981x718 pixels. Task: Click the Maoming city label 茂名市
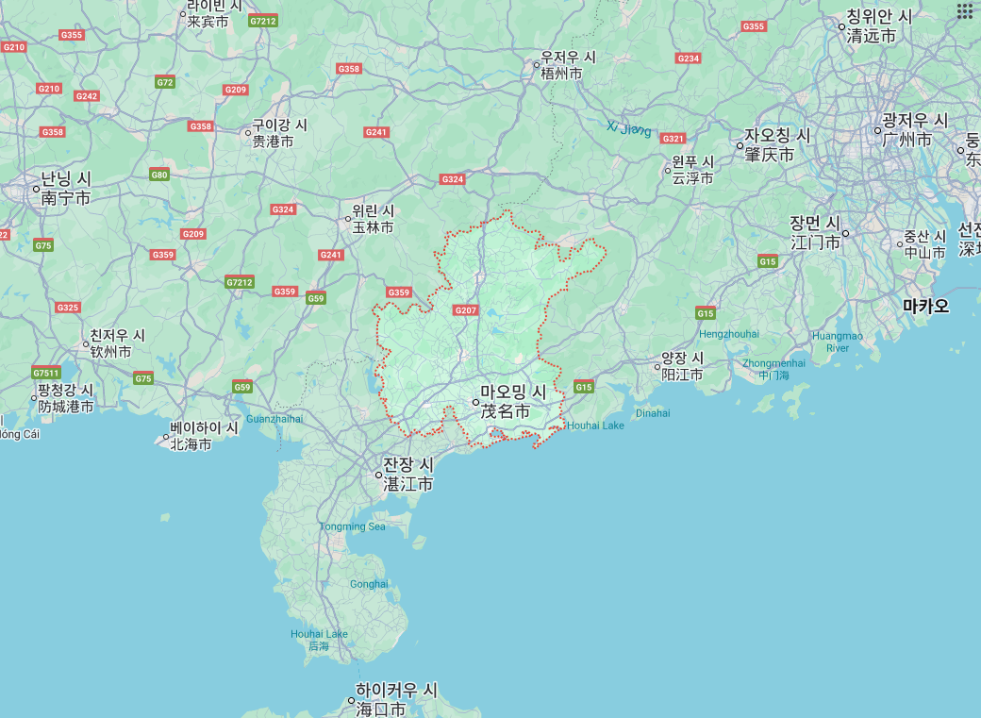[x=505, y=411]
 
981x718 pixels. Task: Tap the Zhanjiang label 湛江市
[x=407, y=484]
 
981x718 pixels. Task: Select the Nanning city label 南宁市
[x=63, y=198]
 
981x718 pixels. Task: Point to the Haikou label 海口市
[x=380, y=709]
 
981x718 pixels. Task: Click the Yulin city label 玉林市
[x=373, y=227]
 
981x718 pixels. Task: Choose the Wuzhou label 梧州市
[x=561, y=73]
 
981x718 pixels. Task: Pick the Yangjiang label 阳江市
[x=682, y=375]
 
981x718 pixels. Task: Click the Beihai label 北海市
[x=191, y=444]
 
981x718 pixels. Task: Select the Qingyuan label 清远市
[x=871, y=36]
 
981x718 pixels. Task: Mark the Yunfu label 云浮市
[x=691, y=178]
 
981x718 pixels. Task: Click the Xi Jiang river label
[x=628, y=128]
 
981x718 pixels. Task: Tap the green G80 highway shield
[x=159, y=175]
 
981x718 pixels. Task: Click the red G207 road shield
[x=466, y=309]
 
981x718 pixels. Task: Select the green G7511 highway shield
[x=45, y=373]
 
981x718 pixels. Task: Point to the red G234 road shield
[x=689, y=58]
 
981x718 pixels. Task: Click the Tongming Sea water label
[x=353, y=526]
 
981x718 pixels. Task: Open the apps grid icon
[x=964, y=11]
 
